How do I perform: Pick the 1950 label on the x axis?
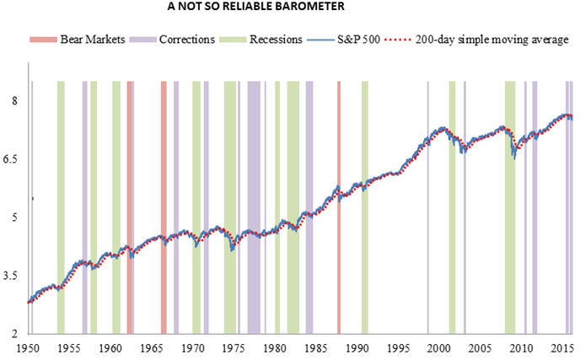[30, 348]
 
